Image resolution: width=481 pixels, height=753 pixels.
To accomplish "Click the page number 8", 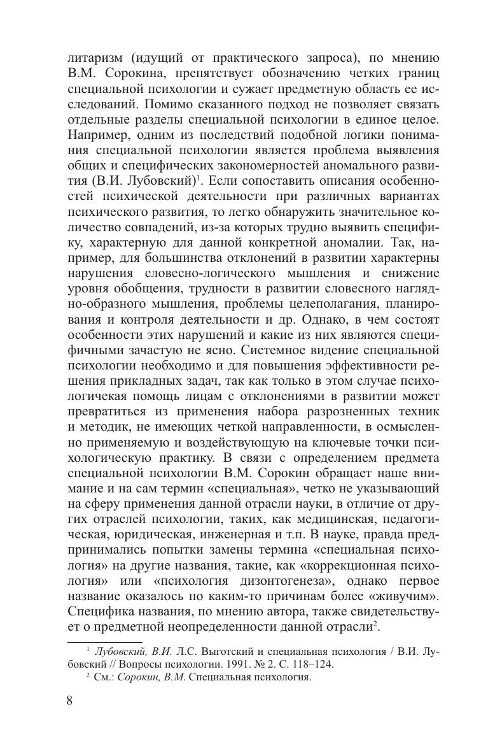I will click(x=69, y=701).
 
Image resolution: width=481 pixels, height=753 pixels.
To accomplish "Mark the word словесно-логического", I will click(x=205, y=273).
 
